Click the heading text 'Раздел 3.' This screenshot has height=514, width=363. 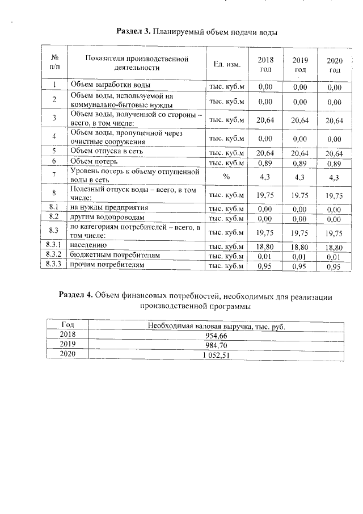[x=133, y=30]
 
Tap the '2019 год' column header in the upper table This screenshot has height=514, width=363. [x=300, y=64]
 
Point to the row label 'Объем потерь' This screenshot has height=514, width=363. [x=91, y=162]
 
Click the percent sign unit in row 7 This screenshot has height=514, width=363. [x=226, y=177]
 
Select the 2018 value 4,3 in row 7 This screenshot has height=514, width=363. [x=265, y=177]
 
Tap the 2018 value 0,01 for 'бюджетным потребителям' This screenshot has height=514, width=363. [x=265, y=257]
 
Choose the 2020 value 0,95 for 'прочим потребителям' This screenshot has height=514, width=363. [x=335, y=266]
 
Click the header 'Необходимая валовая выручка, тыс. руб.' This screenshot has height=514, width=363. [x=216, y=326]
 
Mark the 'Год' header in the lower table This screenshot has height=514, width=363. [x=67, y=325]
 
